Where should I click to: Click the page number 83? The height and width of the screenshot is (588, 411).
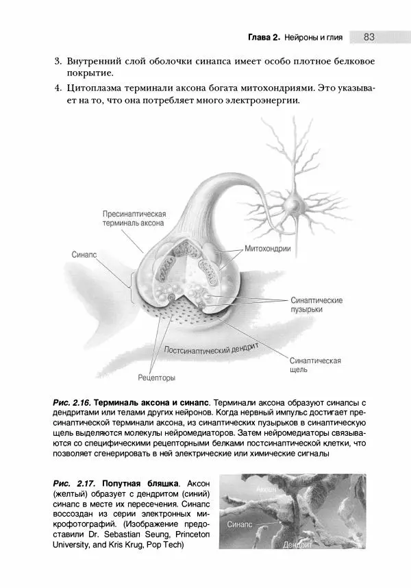click(x=369, y=36)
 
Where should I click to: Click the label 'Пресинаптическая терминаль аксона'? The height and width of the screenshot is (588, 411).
click(x=134, y=219)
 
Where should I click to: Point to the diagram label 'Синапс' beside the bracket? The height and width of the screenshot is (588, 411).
click(x=84, y=254)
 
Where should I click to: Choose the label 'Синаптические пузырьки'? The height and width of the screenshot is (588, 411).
click(x=316, y=305)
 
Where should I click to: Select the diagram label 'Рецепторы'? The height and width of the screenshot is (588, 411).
click(x=156, y=378)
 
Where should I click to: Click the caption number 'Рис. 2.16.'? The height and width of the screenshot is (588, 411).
click(x=71, y=402)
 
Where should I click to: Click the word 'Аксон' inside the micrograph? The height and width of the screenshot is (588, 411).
click(x=266, y=490)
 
